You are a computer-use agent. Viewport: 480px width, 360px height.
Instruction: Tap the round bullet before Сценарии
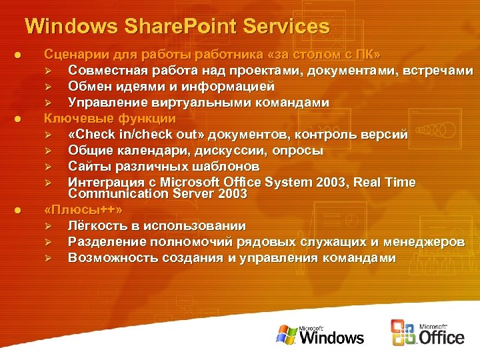(x=19, y=54)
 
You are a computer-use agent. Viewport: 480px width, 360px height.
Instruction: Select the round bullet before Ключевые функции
(x=19, y=119)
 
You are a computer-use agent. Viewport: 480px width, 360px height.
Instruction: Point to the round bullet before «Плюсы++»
(x=19, y=210)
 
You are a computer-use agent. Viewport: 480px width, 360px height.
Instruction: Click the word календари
(x=150, y=151)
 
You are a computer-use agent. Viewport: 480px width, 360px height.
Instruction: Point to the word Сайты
(x=87, y=167)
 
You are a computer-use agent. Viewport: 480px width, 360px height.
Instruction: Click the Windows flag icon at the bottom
(x=287, y=335)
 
